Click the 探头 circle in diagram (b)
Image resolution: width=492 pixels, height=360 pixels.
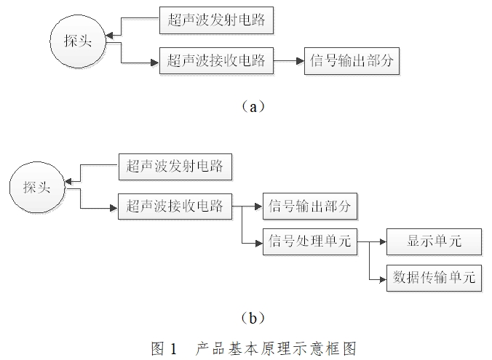[x=36, y=188]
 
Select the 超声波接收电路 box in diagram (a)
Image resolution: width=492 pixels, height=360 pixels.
[x=216, y=62]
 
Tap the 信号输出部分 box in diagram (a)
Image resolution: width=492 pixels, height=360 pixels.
[x=352, y=62]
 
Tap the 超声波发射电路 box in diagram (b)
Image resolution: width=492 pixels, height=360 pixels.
[x=175, y=167]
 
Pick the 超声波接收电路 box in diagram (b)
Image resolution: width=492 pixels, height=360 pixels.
[x=175, y=207]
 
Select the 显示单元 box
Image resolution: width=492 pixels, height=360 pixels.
[x=434, y=241]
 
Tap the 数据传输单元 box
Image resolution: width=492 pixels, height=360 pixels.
[x=434, y=277]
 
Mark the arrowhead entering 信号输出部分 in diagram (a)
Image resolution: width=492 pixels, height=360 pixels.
[x=299, y=62]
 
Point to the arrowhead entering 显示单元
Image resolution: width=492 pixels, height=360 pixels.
[x=382, y=241]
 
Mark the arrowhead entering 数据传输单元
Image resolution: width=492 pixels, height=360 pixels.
[x=382, y=277]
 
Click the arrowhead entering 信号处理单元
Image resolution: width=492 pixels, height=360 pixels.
[x=258, y=241]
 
